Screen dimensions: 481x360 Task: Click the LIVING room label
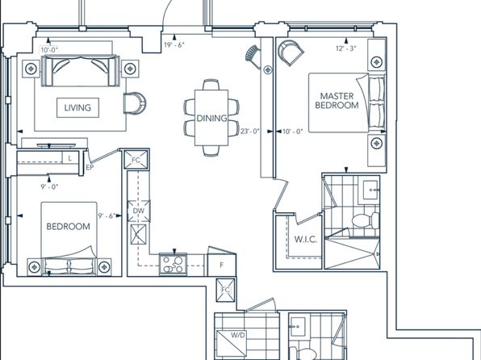pyautogui.click(x=77, y=107)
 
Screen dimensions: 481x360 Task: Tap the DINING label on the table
pyautogui.click(x=211, y=118)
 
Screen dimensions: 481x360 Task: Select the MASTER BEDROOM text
pyautogui.click(x=337, y=101)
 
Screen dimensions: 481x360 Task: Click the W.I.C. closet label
pyautogui.click(x=306, y=240)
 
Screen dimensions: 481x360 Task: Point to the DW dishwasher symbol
pyautogui.click(x=139, y=211)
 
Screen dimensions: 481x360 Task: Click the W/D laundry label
pyautogui.click(x=238, y=335)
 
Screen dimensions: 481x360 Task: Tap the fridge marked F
pyautogui.click(x=222, y=265)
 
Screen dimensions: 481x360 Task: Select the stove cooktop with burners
pyautogui.click(x=173, y=264)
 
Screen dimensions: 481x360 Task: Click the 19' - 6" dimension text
pyautogui.click(x=174, y=45)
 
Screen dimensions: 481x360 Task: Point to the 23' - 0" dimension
pyautogui.click(x=249, y=132)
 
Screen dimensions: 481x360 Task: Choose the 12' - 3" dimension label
pyautogui.click(x=345, y=48)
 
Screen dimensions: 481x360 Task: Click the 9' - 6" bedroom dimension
pyautogui.click(x=107, y=216)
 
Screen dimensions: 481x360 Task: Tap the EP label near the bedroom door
pyautogui.click(x=90, y=168)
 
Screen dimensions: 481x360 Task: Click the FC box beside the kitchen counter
pyautogui.click(x=136, y=160)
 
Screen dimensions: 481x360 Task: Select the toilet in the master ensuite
pyautogui.click(x=366, y=220)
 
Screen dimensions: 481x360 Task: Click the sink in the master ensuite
pyautogui.click(x=370, y=190)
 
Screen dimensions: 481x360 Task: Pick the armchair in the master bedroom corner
pyautogui.click(x=291, y=52)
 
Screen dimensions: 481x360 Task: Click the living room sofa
pyautogui.click(x=81, y=71)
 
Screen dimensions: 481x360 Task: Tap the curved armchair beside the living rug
pyautogui.click(x=135, y=103)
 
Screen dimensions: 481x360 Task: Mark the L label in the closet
pyautogui.click(x=70, y=158)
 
